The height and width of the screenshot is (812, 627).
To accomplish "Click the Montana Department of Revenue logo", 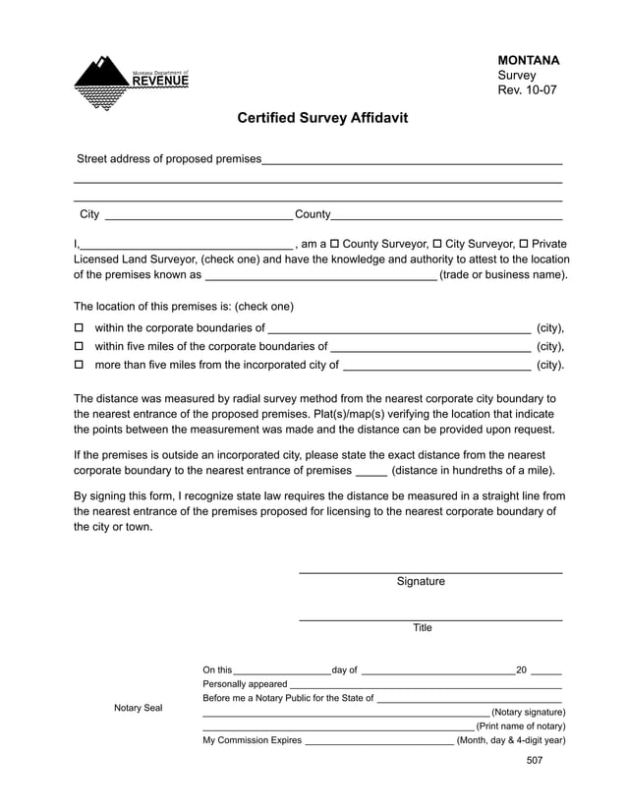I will pyautogui.click(x=131, y=82).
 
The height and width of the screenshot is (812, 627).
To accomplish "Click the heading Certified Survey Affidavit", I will pyautogui.click(x=322, y=118).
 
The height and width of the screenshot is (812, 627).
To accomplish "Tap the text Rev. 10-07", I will pyautogui.click(x=528, y=90).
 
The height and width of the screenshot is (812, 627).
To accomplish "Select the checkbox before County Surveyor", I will pyautogui.click(x=334, y=244).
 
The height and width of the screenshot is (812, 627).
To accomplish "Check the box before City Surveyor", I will pyautogui.click(x=436, y=244).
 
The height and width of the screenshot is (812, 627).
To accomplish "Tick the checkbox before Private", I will pyautogui.click(x=523, y=244).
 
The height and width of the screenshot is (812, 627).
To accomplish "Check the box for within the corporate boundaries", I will pyautogui.click(x=81, y=328).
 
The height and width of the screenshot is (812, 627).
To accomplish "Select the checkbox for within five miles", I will pyautogui.click(x=81, y=347).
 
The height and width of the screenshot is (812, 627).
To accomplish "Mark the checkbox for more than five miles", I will pyautogui.click(x=81, y=366).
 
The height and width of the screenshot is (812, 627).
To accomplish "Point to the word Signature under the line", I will pyautogui.click(x=421, y=582).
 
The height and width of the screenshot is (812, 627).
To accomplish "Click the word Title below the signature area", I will pyautogui.click(x=422, y=628).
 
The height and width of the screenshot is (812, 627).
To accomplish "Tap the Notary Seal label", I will pyautogui.click(x=139, y=708).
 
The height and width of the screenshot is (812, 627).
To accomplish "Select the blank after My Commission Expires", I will pyautogui.click(x=378, y=740).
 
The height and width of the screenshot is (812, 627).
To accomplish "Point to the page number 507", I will pyautogui.click(x=535, y=760).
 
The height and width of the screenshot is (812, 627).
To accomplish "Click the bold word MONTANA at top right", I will pyautogui.click(x=529, y=60).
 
